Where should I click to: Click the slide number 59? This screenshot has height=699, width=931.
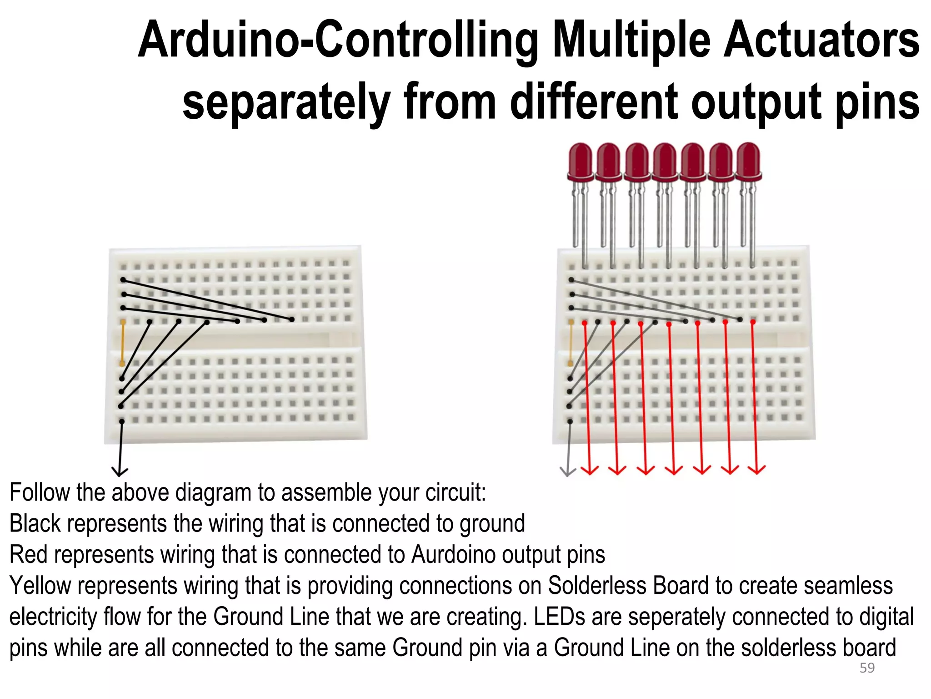[867, 668]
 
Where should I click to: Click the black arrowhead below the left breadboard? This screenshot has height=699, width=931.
[120, 471]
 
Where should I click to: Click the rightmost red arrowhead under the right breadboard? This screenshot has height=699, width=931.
[757, 470]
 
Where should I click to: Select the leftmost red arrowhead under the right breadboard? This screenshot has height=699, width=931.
[590, 470]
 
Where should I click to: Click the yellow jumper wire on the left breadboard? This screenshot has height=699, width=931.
[122, 343]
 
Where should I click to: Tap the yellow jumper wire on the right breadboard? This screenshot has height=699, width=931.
[571, 343]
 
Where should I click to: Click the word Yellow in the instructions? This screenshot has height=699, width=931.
[40, 586]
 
